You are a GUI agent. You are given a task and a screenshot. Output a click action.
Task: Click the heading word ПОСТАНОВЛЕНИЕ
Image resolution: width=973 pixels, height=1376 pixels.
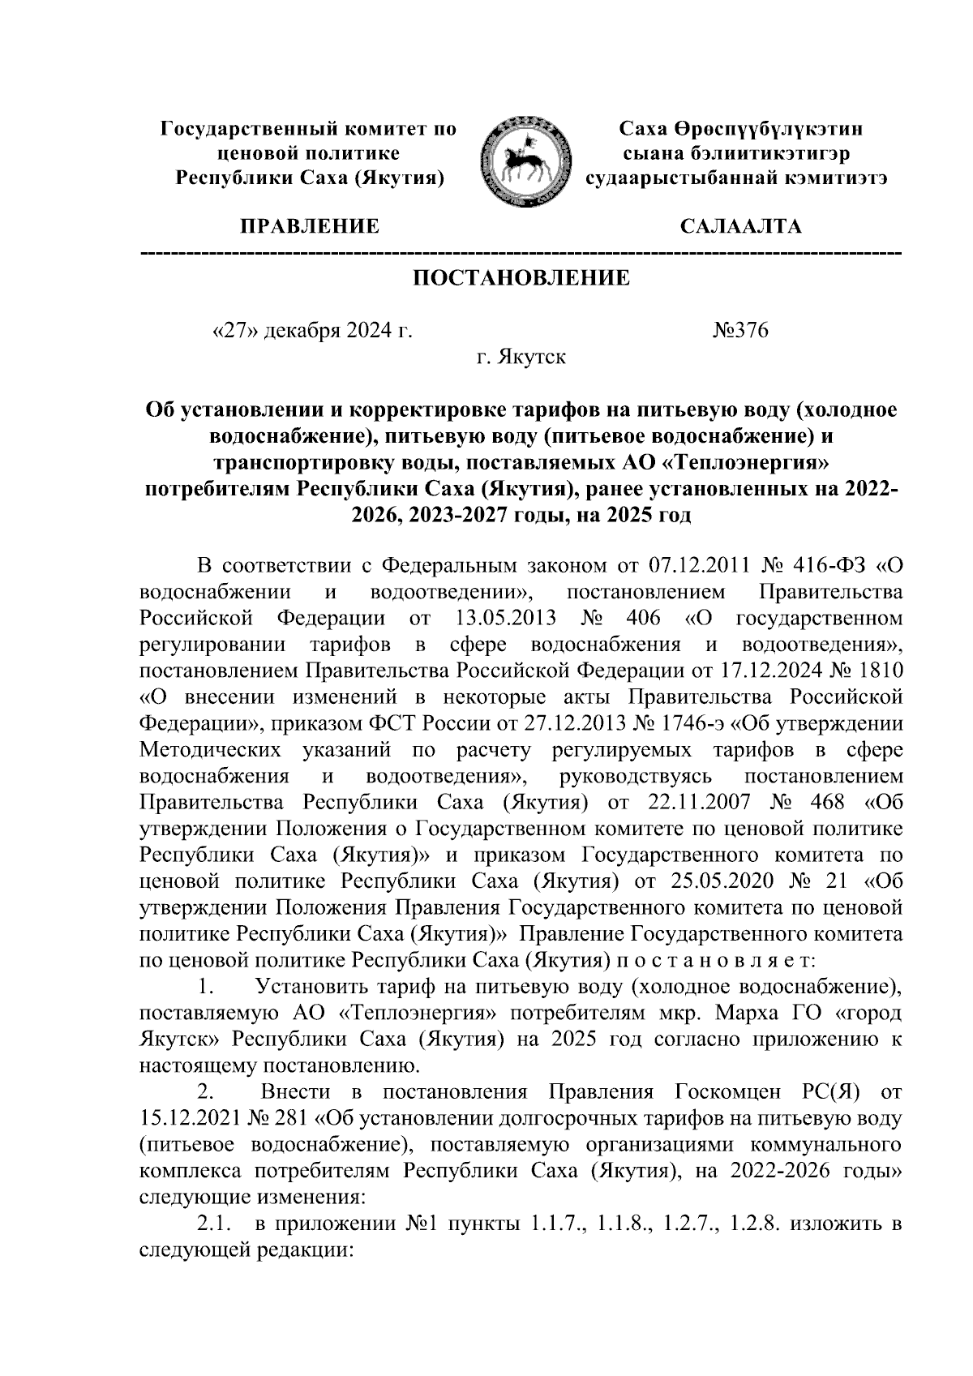[521, 279]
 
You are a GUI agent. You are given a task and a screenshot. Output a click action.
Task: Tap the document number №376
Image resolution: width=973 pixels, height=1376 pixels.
[739, 331]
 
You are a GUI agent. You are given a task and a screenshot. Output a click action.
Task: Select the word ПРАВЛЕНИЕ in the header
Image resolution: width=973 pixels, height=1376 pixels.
[307, 226]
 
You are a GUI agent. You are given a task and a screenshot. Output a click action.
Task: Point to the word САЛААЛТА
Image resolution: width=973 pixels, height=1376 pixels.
[741, 226]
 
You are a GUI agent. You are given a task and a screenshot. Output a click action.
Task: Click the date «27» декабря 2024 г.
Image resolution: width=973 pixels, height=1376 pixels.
[311, 331]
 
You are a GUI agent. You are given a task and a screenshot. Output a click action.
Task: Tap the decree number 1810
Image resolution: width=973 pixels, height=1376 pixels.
[879, 671]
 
